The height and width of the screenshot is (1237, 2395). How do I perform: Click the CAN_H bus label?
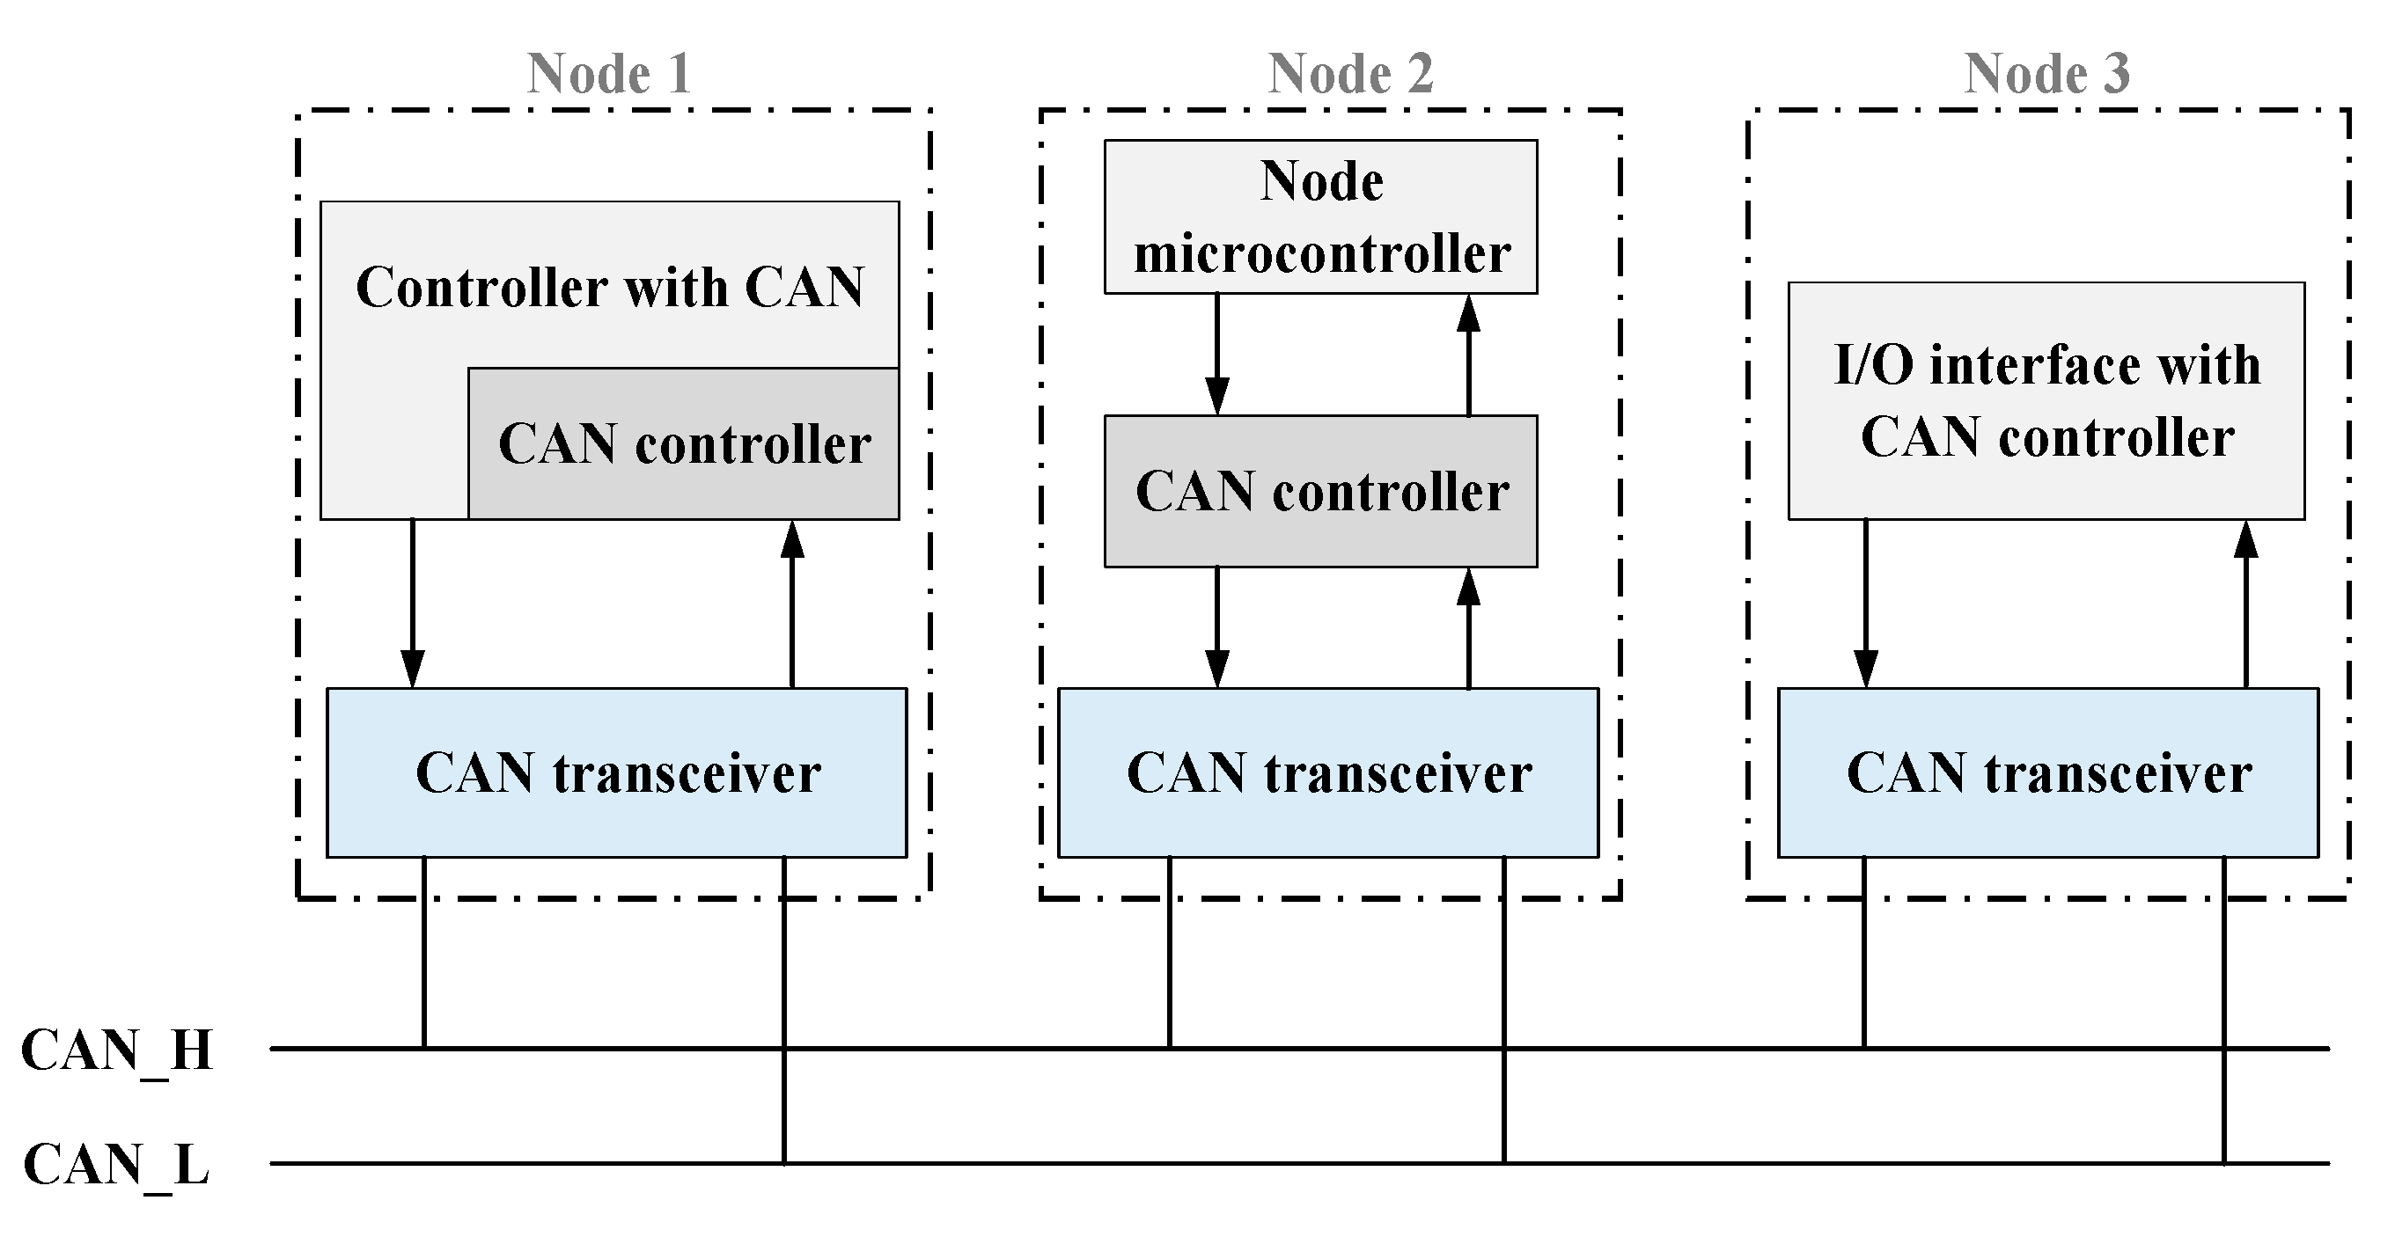117,1051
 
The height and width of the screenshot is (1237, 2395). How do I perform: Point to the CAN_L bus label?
117,1165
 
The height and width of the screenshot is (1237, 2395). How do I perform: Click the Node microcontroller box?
1320,216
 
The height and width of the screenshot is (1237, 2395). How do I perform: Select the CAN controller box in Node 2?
1320,491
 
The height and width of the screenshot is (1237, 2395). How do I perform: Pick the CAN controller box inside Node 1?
683,444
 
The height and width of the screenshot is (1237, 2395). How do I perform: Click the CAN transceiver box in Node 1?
616,772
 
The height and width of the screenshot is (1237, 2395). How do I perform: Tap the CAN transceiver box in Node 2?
1327,772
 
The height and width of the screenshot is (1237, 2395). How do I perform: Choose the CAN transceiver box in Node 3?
2047,772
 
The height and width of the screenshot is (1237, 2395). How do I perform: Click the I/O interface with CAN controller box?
2046,400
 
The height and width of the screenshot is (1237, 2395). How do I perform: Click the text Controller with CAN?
610,286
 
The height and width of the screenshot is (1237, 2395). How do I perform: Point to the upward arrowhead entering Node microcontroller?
1468,313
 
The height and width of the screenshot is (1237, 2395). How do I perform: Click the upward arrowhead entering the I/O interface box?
2245,539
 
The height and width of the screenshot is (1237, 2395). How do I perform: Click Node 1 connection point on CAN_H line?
425,1049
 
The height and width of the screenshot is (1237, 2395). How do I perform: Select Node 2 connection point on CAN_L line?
1503,1162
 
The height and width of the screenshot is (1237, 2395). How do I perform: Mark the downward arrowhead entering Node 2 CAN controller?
1217,396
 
